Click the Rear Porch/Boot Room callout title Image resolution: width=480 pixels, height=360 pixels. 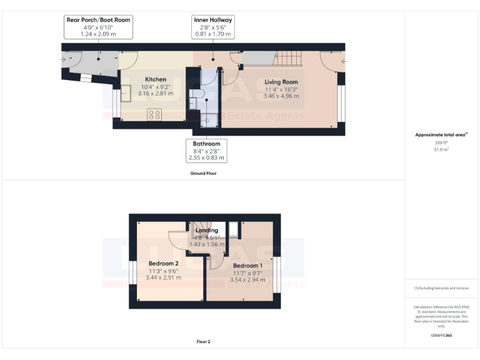98,20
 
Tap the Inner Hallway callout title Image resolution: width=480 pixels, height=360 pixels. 212,20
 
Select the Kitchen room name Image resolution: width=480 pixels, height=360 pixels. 156,79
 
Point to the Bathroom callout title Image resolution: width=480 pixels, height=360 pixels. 206,144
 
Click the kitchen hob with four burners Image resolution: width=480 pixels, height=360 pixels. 154,114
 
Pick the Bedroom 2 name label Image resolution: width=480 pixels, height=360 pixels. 164,263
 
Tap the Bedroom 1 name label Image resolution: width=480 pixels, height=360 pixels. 247,266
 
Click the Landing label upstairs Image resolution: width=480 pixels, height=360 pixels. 207,231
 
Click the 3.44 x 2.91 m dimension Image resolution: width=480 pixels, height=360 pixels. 164,277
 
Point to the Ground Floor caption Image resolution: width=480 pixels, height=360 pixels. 204,172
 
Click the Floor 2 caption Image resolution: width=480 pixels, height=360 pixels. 204,342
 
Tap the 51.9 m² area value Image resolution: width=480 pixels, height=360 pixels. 442,150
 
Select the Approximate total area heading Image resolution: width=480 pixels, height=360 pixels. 441,134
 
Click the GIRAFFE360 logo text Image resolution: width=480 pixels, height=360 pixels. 441,336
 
